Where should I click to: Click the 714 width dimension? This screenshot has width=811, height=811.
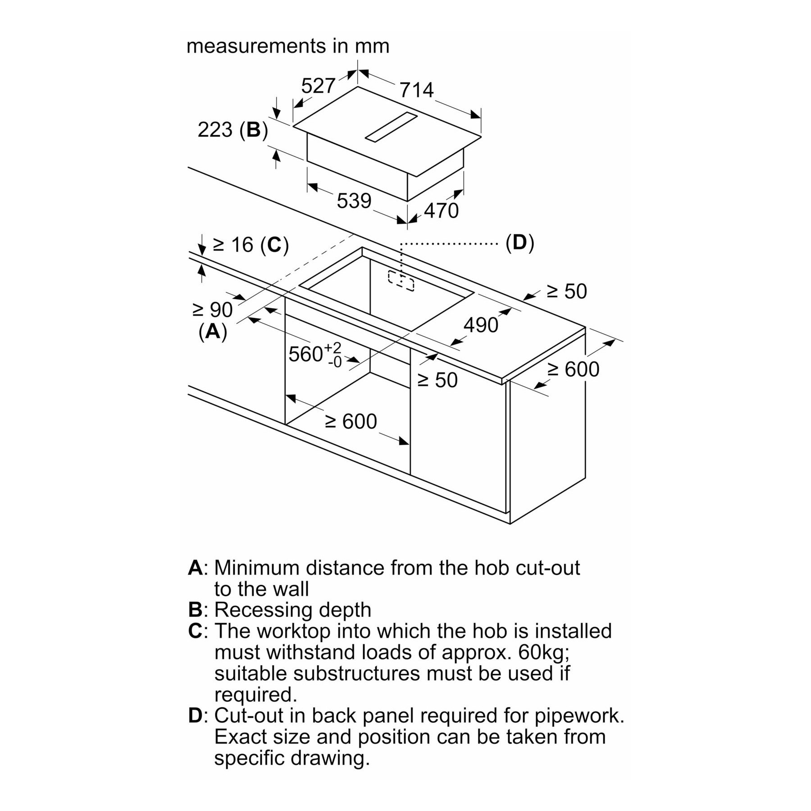click(416, 90)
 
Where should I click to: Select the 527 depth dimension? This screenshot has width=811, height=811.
click(319, 85)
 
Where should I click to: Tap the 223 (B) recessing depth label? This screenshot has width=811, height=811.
click(233, 130)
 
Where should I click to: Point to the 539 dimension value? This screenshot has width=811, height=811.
click(354, 201)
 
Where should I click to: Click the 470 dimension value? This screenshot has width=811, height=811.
click(441, 210)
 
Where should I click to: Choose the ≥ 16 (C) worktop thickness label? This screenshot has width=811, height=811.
click(251, 245)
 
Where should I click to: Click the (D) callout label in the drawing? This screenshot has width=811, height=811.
click(519, 243)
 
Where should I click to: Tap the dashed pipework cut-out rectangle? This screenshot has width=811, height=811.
click(401, 281)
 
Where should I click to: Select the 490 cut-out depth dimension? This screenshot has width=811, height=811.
click(481, 325)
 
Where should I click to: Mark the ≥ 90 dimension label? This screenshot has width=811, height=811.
click(212, 310)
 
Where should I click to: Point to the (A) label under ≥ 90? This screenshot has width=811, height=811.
click(213, 332)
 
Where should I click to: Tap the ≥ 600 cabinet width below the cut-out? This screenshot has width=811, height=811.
click(351, 422)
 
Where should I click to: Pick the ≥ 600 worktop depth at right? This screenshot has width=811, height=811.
click(573, 369)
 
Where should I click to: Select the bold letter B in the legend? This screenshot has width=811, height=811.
click(195, 610)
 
